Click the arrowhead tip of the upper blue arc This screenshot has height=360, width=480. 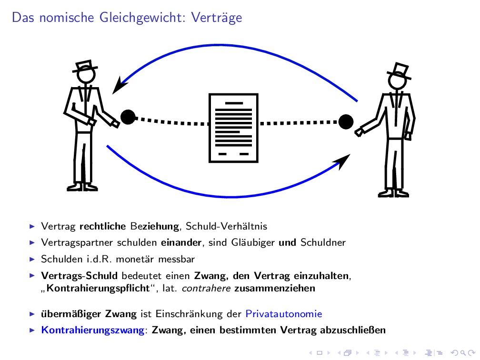[x=113, y=94]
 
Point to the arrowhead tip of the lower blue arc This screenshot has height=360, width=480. [x=350, y=154]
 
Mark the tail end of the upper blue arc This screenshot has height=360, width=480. [x=357, y=101]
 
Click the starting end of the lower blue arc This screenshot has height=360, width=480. [x=107, y=146]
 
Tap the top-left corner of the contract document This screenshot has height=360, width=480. [x=209, y=94]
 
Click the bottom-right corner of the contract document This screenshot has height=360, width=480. [x=258, y=162]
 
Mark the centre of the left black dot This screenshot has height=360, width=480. [x=128, y=117]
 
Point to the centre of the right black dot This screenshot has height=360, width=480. [x=346, y=122]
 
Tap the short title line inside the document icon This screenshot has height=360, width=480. [x=234, y=103]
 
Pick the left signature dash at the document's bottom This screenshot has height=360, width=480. [x=222, y=154]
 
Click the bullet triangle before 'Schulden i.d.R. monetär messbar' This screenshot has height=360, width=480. [x=32, y=259]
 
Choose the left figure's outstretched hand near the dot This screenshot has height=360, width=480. [x=115, y=124]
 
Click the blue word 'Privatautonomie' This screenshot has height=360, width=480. [x=284, y=314]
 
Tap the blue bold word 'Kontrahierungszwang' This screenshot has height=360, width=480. [x=93, y=330]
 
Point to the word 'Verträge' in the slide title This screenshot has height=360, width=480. [x=216, y=18]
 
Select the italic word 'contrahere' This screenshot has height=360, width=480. [x=206, y=289]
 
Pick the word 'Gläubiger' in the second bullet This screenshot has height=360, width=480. [x=253, y=242]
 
